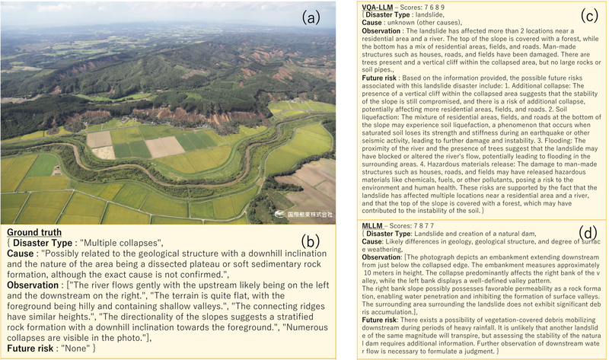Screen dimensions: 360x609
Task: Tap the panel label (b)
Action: click(312, 243)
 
